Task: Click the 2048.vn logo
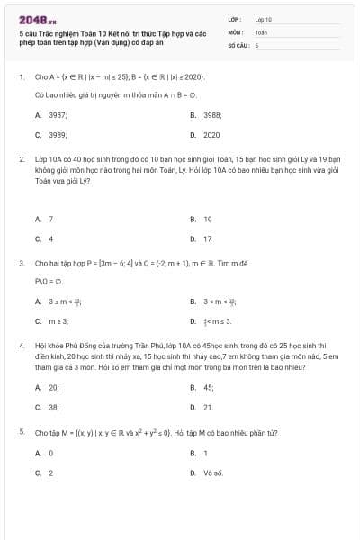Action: point(35,19)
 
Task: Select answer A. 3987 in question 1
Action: point(46,115)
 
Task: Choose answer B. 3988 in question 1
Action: point(202,115)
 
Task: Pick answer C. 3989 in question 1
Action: point(46,135)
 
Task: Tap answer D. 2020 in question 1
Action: point(202,135)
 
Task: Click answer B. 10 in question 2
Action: point(202,219)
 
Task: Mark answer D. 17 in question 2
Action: point(202,238)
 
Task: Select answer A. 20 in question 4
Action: point(46,387)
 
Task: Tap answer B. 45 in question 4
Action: point(202,387)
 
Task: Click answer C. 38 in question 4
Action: point(46,407)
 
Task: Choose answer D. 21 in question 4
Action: point(202,407)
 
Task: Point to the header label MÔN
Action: point(235,31)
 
